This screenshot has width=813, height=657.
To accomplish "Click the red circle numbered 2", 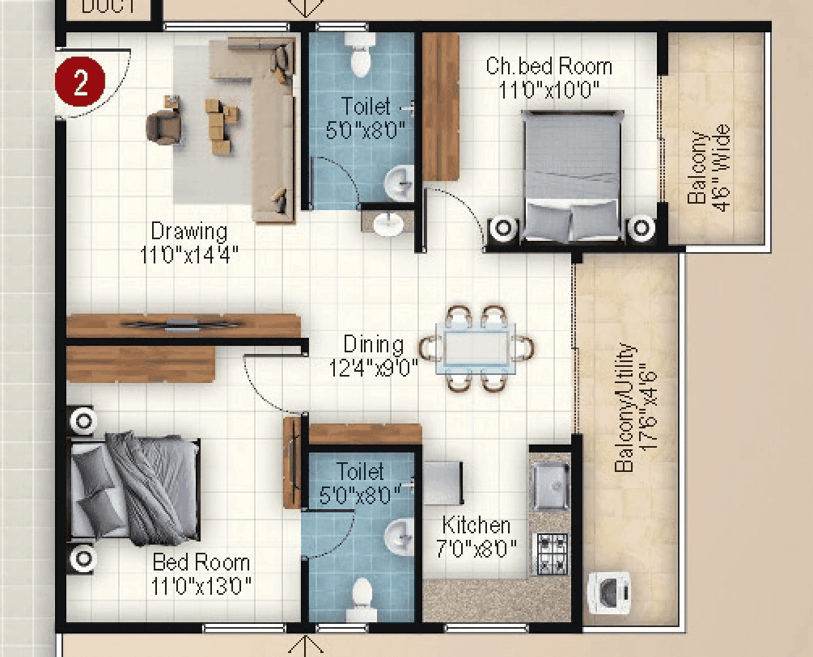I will [x=80, y=83].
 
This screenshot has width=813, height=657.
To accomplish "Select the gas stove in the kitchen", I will [x=553, y=553].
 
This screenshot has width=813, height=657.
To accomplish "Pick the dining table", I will [x=474, y=348].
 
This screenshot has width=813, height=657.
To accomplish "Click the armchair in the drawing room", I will [x=163, y=127].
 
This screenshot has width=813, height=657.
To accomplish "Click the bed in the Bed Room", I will [x=134, y=488].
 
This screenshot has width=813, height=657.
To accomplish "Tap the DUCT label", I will [x=108, y=7].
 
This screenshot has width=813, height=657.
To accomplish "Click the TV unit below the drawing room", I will [x=183, y=326].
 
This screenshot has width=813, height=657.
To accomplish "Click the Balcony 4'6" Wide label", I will [x=709, y=166].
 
